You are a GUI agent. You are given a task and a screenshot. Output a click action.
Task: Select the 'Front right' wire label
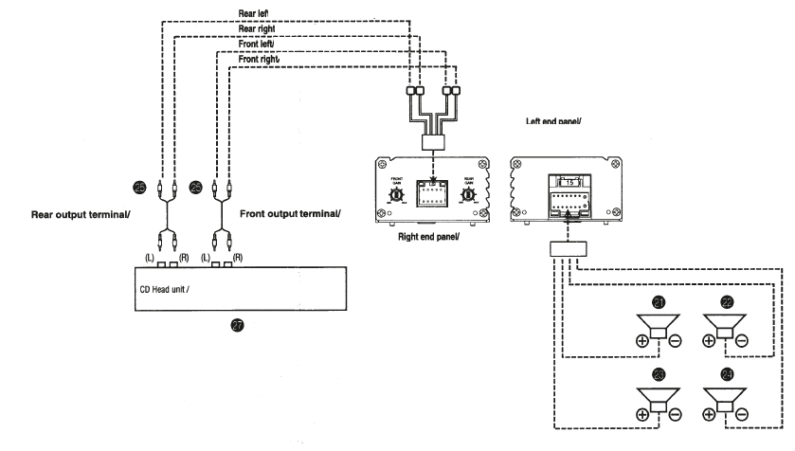pos(259,59)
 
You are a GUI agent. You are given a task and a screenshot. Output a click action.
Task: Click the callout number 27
pos(237,324)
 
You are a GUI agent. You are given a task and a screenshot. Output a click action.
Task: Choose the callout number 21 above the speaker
pos(659,302)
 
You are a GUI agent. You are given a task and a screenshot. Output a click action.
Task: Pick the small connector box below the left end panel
pos(569,249)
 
